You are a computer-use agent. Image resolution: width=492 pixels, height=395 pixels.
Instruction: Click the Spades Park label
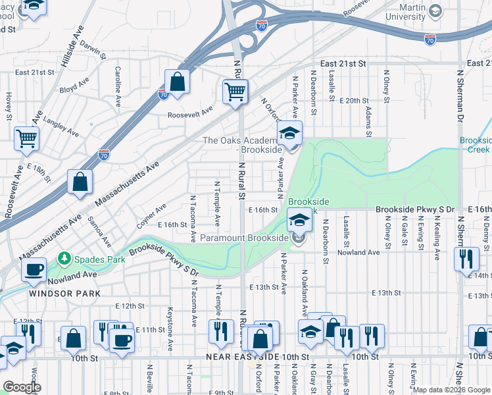[99, 259]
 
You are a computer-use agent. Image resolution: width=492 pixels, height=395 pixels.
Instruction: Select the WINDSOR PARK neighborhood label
[64, 294]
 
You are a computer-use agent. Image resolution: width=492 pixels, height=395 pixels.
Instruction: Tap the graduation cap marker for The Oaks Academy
[289, 134]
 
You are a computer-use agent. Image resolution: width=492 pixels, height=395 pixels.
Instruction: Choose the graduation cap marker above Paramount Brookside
[299, 220]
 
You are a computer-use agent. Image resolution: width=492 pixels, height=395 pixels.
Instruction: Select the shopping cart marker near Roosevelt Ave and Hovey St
[27, 138]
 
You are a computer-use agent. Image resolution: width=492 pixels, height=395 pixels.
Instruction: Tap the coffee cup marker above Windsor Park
[34, 269]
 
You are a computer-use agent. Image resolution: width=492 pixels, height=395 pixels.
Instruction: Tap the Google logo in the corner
[22, 387]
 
